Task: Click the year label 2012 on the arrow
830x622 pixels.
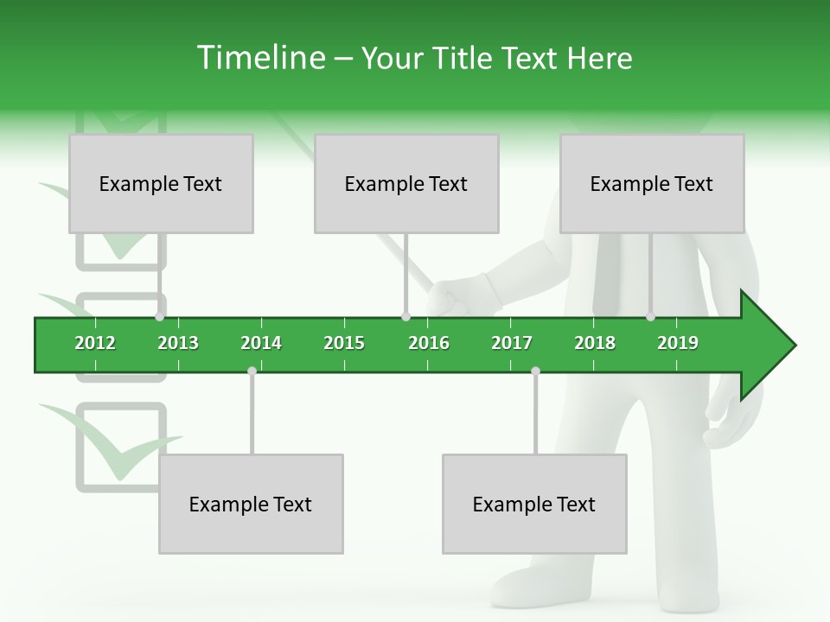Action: click(95, 343)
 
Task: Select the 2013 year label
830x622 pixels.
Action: click(178, 343)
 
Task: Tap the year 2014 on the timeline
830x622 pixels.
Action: click(261, 343)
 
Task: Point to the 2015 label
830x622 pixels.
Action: click(344, 343)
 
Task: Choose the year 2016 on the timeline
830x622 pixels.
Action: click(429, 343)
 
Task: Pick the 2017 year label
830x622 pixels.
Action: click(512, 343)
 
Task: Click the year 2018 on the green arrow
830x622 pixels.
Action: click(595, 343)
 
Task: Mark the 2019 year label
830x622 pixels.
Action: click(678, 343)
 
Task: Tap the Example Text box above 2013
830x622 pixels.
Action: click(161, 184)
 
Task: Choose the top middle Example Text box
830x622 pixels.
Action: click(406, 184)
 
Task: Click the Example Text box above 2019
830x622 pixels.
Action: click(652, 184)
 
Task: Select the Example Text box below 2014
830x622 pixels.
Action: click(251, 505)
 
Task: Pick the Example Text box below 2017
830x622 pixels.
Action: click(534, 505)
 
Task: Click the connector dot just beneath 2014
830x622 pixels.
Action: click(252, 371)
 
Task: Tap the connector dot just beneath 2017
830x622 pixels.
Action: click(535, 371)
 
